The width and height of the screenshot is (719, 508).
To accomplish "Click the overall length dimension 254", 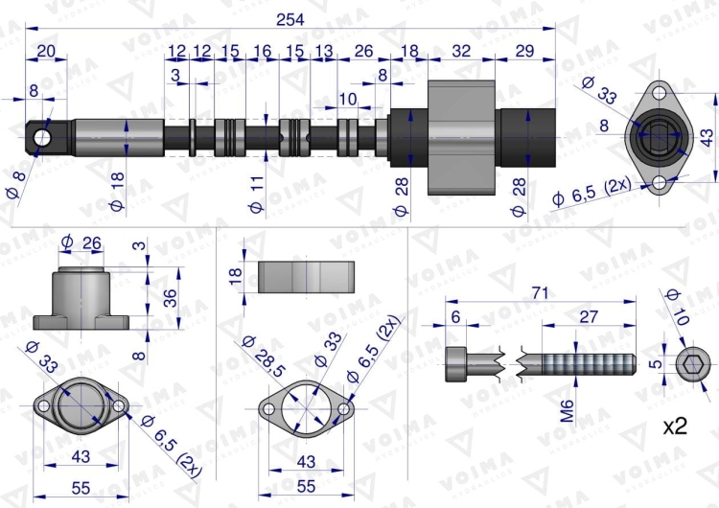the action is pos(290,20).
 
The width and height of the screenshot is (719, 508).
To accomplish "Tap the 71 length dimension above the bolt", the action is pos(541,292).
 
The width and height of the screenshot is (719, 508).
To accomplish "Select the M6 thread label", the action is pos(568,411).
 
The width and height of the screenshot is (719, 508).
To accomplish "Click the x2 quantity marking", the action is pos(675,427).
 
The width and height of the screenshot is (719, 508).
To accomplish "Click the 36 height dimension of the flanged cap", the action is pos(170,298).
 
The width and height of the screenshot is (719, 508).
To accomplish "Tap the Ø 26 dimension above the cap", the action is pos(81,242).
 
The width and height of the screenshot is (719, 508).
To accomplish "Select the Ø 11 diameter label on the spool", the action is pos(256,195).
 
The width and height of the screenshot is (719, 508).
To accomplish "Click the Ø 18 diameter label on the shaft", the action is pos(117,191).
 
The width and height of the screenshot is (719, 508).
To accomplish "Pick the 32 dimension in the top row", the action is pos(461,51).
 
